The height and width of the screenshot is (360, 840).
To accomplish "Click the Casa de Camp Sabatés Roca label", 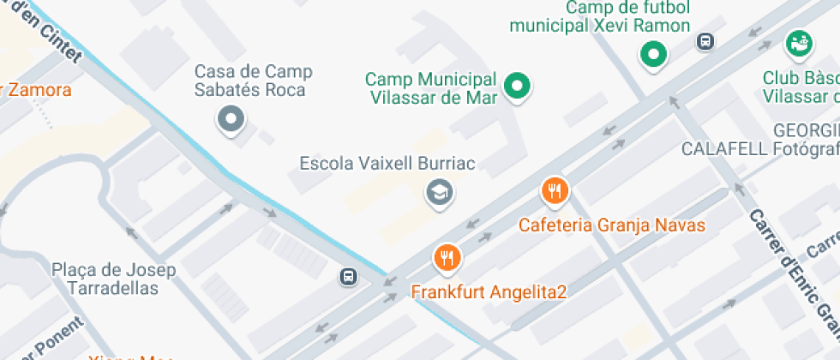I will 254,81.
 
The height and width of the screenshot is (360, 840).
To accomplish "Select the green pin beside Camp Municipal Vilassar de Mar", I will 517,85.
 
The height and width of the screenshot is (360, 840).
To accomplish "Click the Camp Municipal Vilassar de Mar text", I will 432,87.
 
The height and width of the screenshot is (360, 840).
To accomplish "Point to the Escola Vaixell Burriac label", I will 387,163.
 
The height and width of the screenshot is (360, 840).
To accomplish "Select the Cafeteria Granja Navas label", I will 612,225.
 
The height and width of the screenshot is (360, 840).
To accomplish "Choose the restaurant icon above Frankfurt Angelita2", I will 447,257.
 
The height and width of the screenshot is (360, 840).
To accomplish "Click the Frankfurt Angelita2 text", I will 489,291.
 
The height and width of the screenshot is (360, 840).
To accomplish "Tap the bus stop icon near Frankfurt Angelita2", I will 349,277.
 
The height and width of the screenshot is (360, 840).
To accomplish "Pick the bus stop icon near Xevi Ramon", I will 705,41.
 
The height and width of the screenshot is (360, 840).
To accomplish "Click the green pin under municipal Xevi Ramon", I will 654,56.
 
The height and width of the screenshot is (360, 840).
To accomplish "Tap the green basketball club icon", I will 799,42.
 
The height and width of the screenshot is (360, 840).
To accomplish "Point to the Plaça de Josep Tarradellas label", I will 114,279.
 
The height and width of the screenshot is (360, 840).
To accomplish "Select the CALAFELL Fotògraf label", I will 759,148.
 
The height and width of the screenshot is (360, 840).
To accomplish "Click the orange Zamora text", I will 39,89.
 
